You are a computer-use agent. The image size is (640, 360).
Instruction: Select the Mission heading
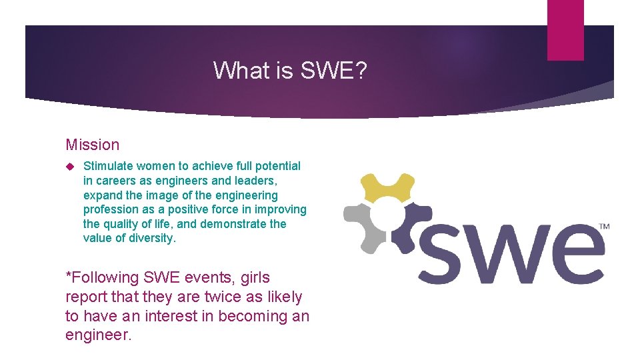coord(93,145)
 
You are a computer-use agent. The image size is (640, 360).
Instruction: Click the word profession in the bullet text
coord(109,209)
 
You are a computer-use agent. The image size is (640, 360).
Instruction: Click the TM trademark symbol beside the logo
coord(604,227)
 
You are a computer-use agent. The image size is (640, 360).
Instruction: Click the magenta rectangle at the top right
coord(565,30)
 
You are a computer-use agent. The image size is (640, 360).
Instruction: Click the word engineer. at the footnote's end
coord(99,335)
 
